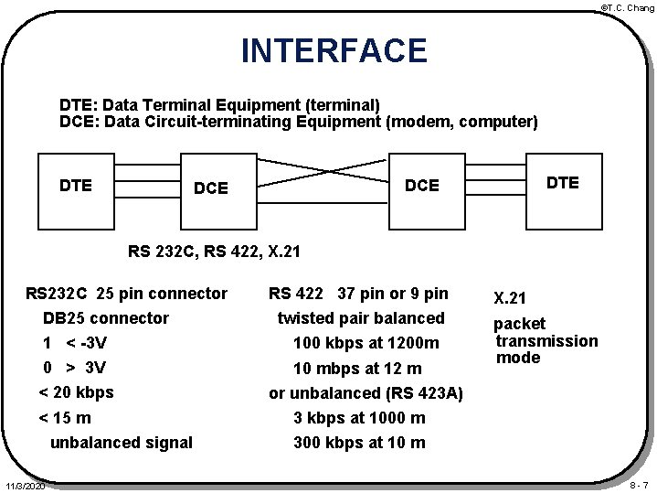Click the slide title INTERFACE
(334, 50)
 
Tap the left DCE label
(210, 188)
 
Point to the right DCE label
(421, 186)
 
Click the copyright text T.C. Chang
(627, 7)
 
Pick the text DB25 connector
(106, 318)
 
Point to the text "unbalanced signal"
(121, 443)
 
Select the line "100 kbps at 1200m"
(366, 344)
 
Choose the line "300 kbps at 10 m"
(358, 443)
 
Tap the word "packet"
(519, 324)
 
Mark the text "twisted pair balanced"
(360, 318)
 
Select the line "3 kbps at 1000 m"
(358, 418)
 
